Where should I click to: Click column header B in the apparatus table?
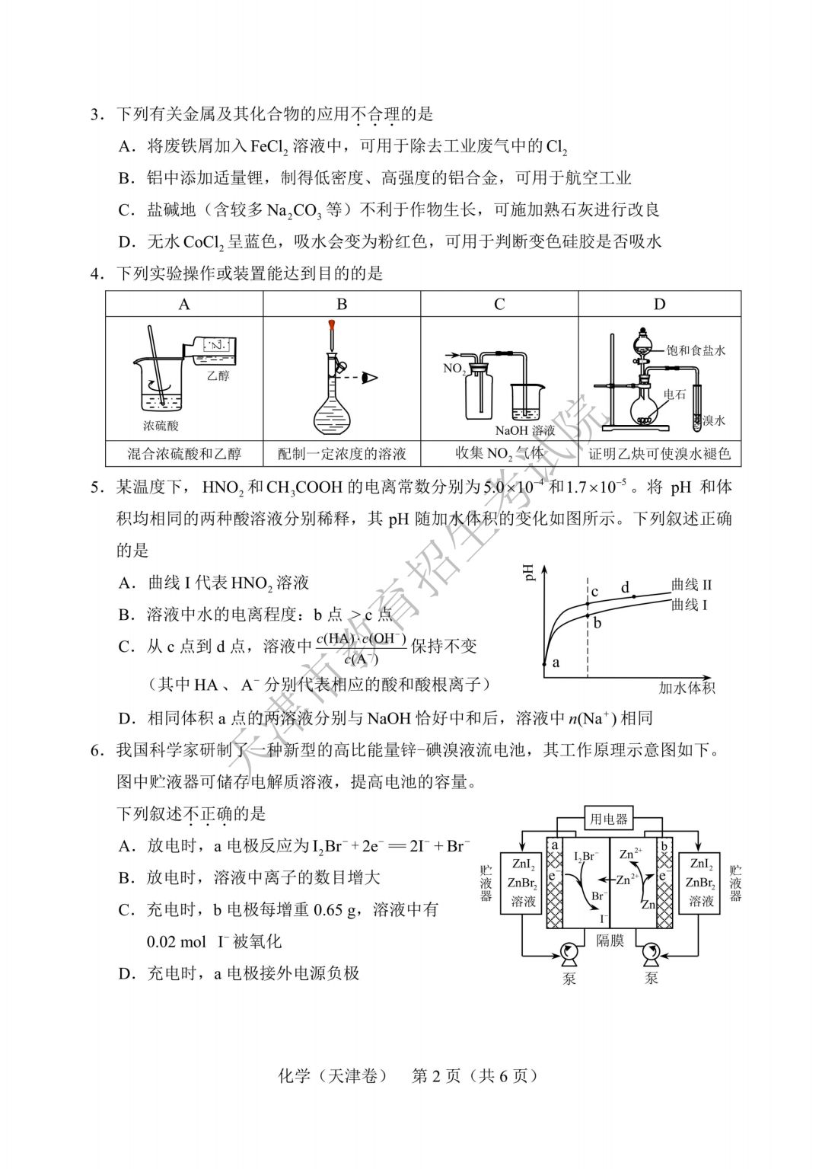342,304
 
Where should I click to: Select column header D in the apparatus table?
659,304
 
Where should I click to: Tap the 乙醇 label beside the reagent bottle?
218,375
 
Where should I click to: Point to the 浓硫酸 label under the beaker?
161,426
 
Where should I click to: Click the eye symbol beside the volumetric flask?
371,377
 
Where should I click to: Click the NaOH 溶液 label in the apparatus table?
525,430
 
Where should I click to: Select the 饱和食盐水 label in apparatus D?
696,350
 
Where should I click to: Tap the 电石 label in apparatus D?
674,394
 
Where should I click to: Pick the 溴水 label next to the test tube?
714,420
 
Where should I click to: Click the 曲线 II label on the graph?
691,585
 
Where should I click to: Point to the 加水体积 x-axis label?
687,688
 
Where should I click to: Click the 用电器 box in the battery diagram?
608,819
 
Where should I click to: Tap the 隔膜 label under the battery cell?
610,941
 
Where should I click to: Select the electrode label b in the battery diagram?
664,845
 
